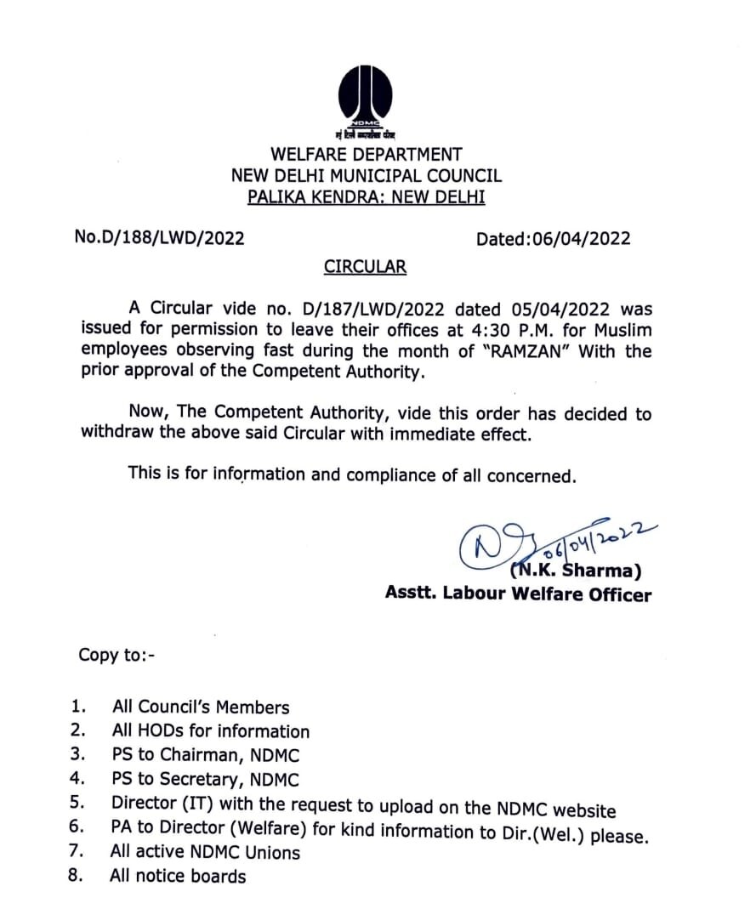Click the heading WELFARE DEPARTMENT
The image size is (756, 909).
[x=367, y=155]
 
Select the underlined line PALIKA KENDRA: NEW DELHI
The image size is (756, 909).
[x=366, y=197]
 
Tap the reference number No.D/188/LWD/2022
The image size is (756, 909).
[x=160, y=238]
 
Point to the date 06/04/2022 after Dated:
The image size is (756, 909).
[x=582, y=239]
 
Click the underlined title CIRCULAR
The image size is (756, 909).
[x=365, y=267]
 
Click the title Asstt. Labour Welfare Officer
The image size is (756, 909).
[x=518, y=594]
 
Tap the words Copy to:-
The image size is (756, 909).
[x=117, y=655]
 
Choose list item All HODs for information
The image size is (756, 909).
[x=210, y=731]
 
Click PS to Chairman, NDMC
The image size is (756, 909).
[x=205, y=755]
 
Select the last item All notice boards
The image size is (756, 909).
[x=177, y=876]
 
